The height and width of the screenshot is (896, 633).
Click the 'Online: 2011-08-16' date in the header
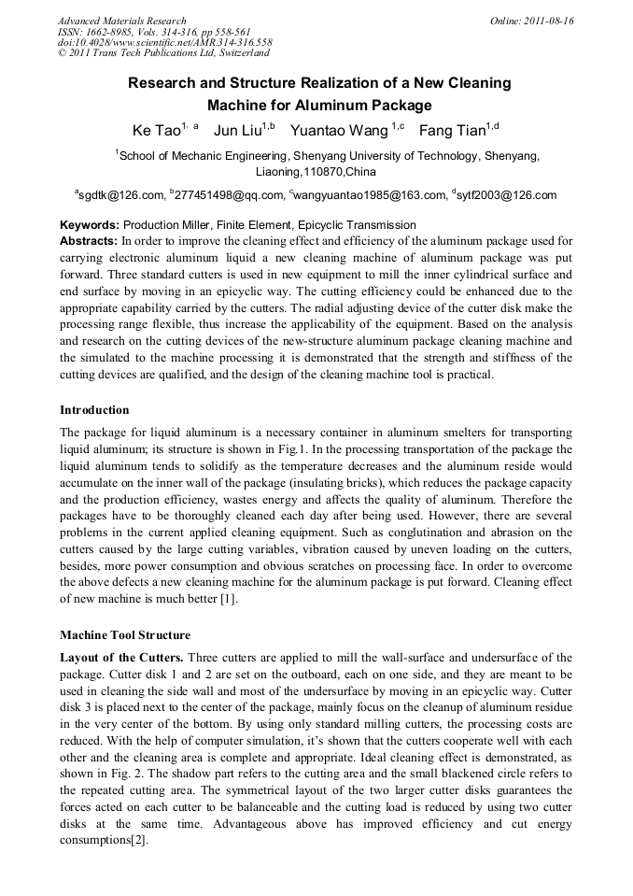pyautogui.click(x=532, y=21)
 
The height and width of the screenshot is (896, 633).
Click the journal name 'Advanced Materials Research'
pyautogui.click(x=122, y=21)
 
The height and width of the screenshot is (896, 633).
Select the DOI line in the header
pyautogui.click(x=165, y=43)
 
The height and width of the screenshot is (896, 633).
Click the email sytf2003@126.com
pyautogui.click(x=507, y=195)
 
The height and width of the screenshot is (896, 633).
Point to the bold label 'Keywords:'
pyautogui.click(x=90, y=225)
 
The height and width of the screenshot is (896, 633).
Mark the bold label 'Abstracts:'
pyautogui.click(x=90, y=240)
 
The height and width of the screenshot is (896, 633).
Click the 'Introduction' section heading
pyautogui.click(x=94, y=410)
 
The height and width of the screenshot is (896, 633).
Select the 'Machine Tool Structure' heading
pyautogui.click(x=125, y=635)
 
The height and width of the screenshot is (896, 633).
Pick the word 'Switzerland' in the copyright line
pyautogui.click(x=238, y=54)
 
